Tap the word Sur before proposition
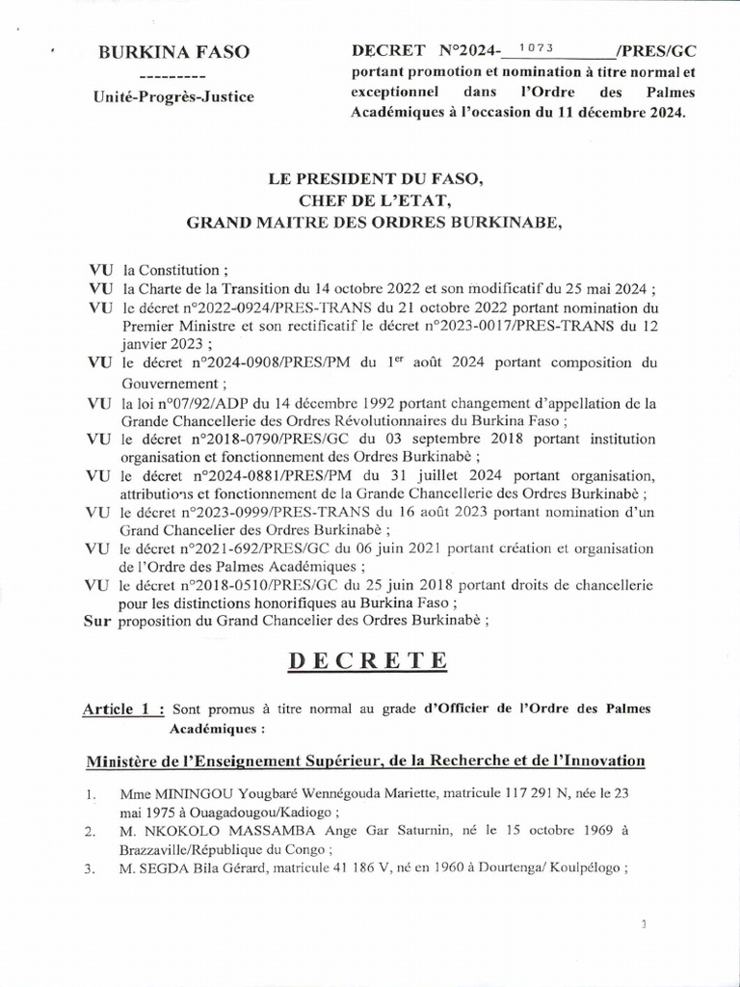98,621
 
